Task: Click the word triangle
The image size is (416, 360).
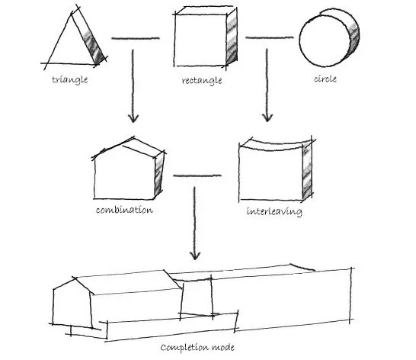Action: tap(70, 80)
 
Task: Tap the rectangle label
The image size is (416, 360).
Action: tap(202, 81)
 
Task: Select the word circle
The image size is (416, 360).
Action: tap(325, 79)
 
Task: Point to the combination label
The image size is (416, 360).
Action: tap(124, 210)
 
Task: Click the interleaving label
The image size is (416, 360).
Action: tap(274, 211)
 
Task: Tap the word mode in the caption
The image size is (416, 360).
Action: tap(222, 347)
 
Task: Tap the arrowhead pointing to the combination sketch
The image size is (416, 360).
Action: tap(133, 118)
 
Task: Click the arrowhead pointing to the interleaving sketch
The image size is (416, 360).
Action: tap(267, 117)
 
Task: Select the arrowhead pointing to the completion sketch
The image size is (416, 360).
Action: tap(195, 256)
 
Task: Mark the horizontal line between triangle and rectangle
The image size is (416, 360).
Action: tap(136, 38)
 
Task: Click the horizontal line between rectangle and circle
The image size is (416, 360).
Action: tap(270, 37)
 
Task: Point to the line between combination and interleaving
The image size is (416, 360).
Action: tap(197, 175)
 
